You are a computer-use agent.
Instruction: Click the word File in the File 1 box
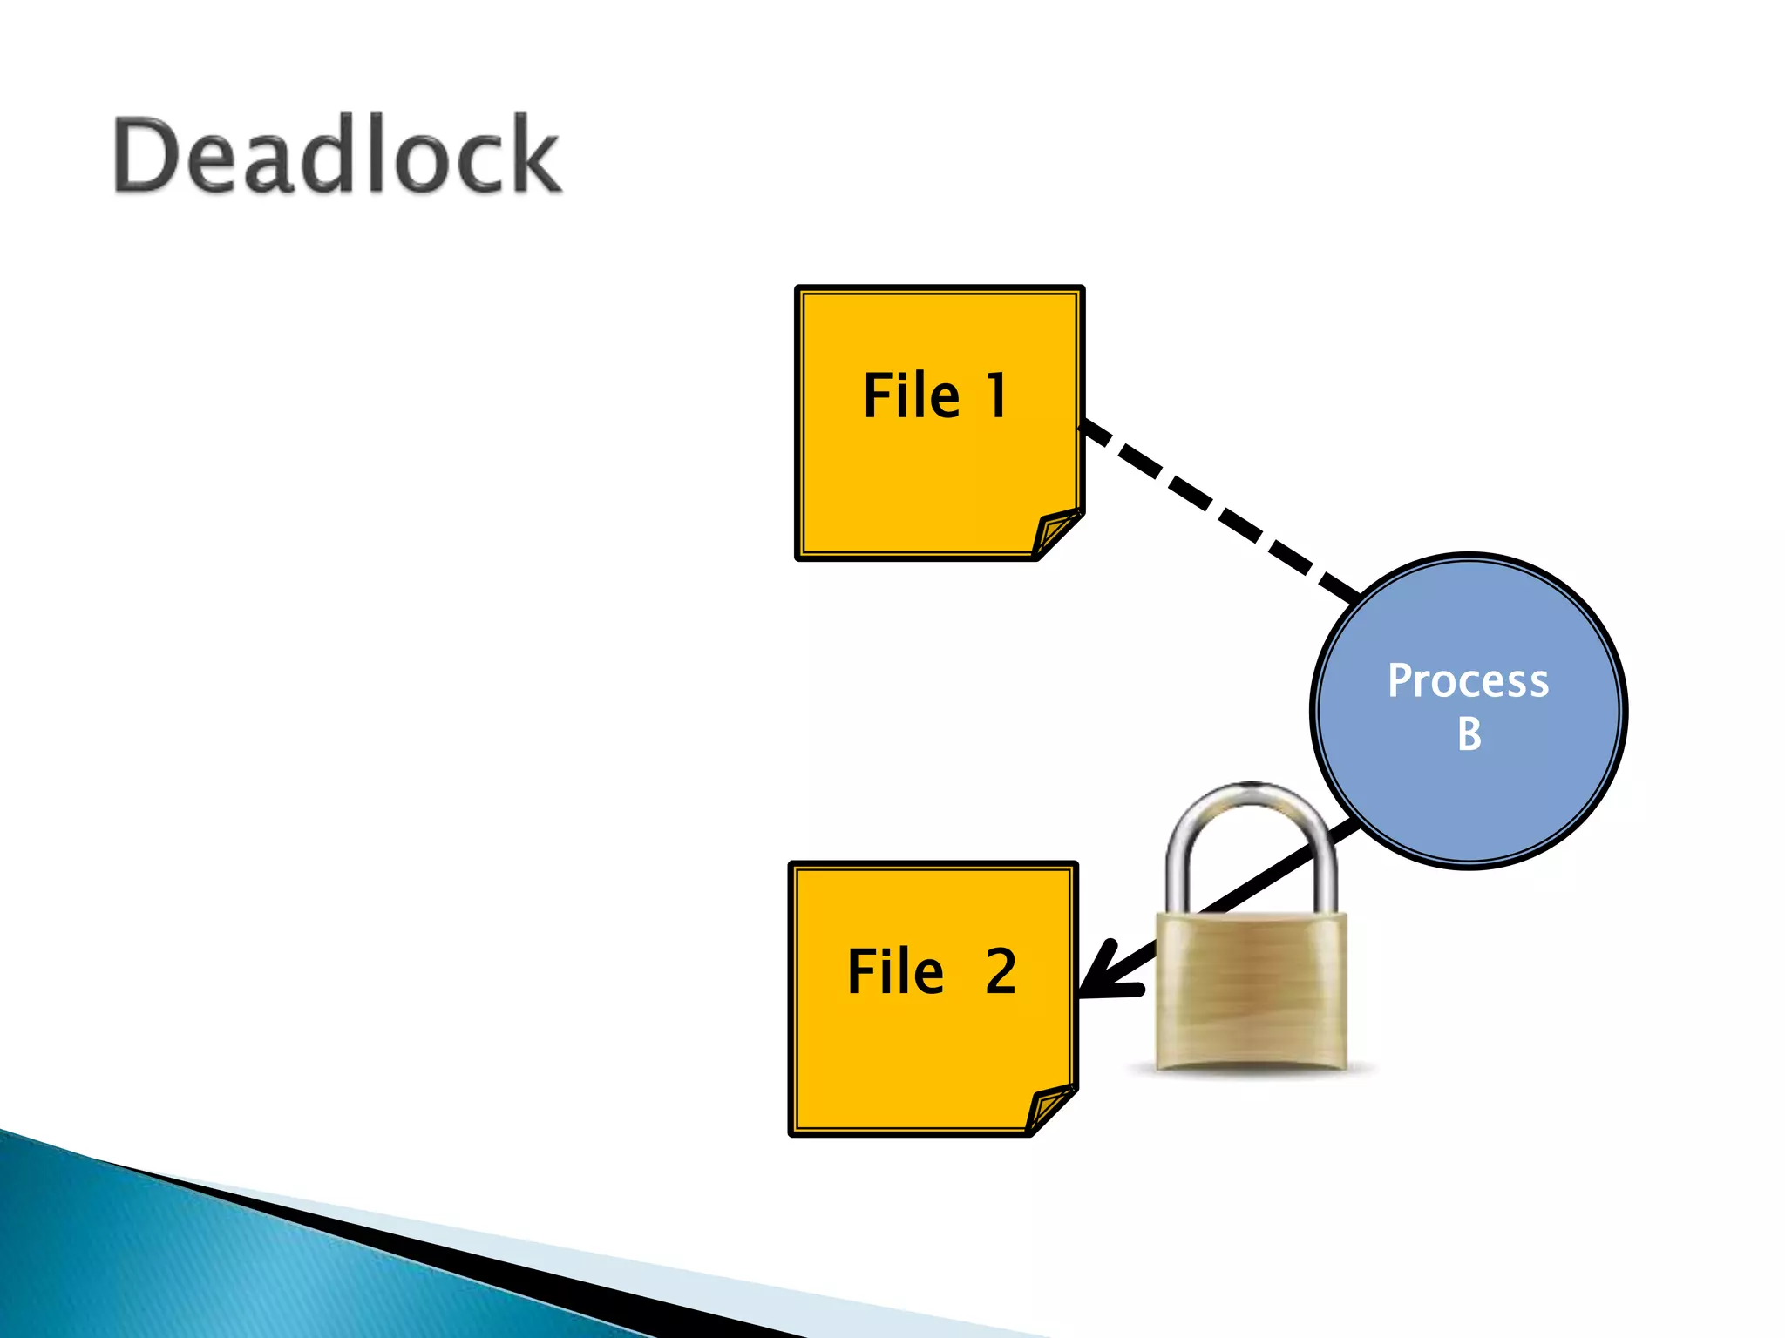(911, 396)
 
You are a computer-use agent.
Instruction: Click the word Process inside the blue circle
(1468, 680)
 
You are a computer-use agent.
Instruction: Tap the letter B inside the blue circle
(1469, 733)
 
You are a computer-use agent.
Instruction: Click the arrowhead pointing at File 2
(1103, 976)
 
